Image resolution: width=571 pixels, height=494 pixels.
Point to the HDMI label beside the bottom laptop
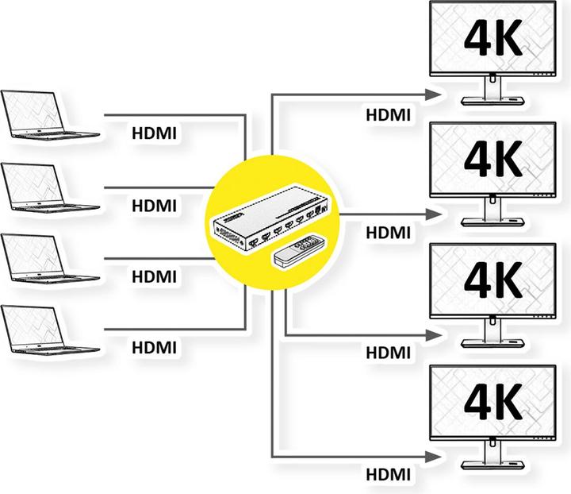click(155, 347)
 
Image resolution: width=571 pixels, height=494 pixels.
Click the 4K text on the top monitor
click(492, 39)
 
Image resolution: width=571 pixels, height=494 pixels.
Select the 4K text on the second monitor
click(492, 160)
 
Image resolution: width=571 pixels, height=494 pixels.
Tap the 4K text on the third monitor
click(492, 280)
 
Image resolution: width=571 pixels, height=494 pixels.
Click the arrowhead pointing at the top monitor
click(435, 95)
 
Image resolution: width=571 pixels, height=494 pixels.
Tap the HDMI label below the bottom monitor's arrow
click(389, 475)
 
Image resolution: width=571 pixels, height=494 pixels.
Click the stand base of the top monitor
click(492, 98)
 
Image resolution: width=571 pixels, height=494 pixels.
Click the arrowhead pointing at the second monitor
click(435, 214)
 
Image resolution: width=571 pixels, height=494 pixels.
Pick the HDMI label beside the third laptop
click(155, 276)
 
